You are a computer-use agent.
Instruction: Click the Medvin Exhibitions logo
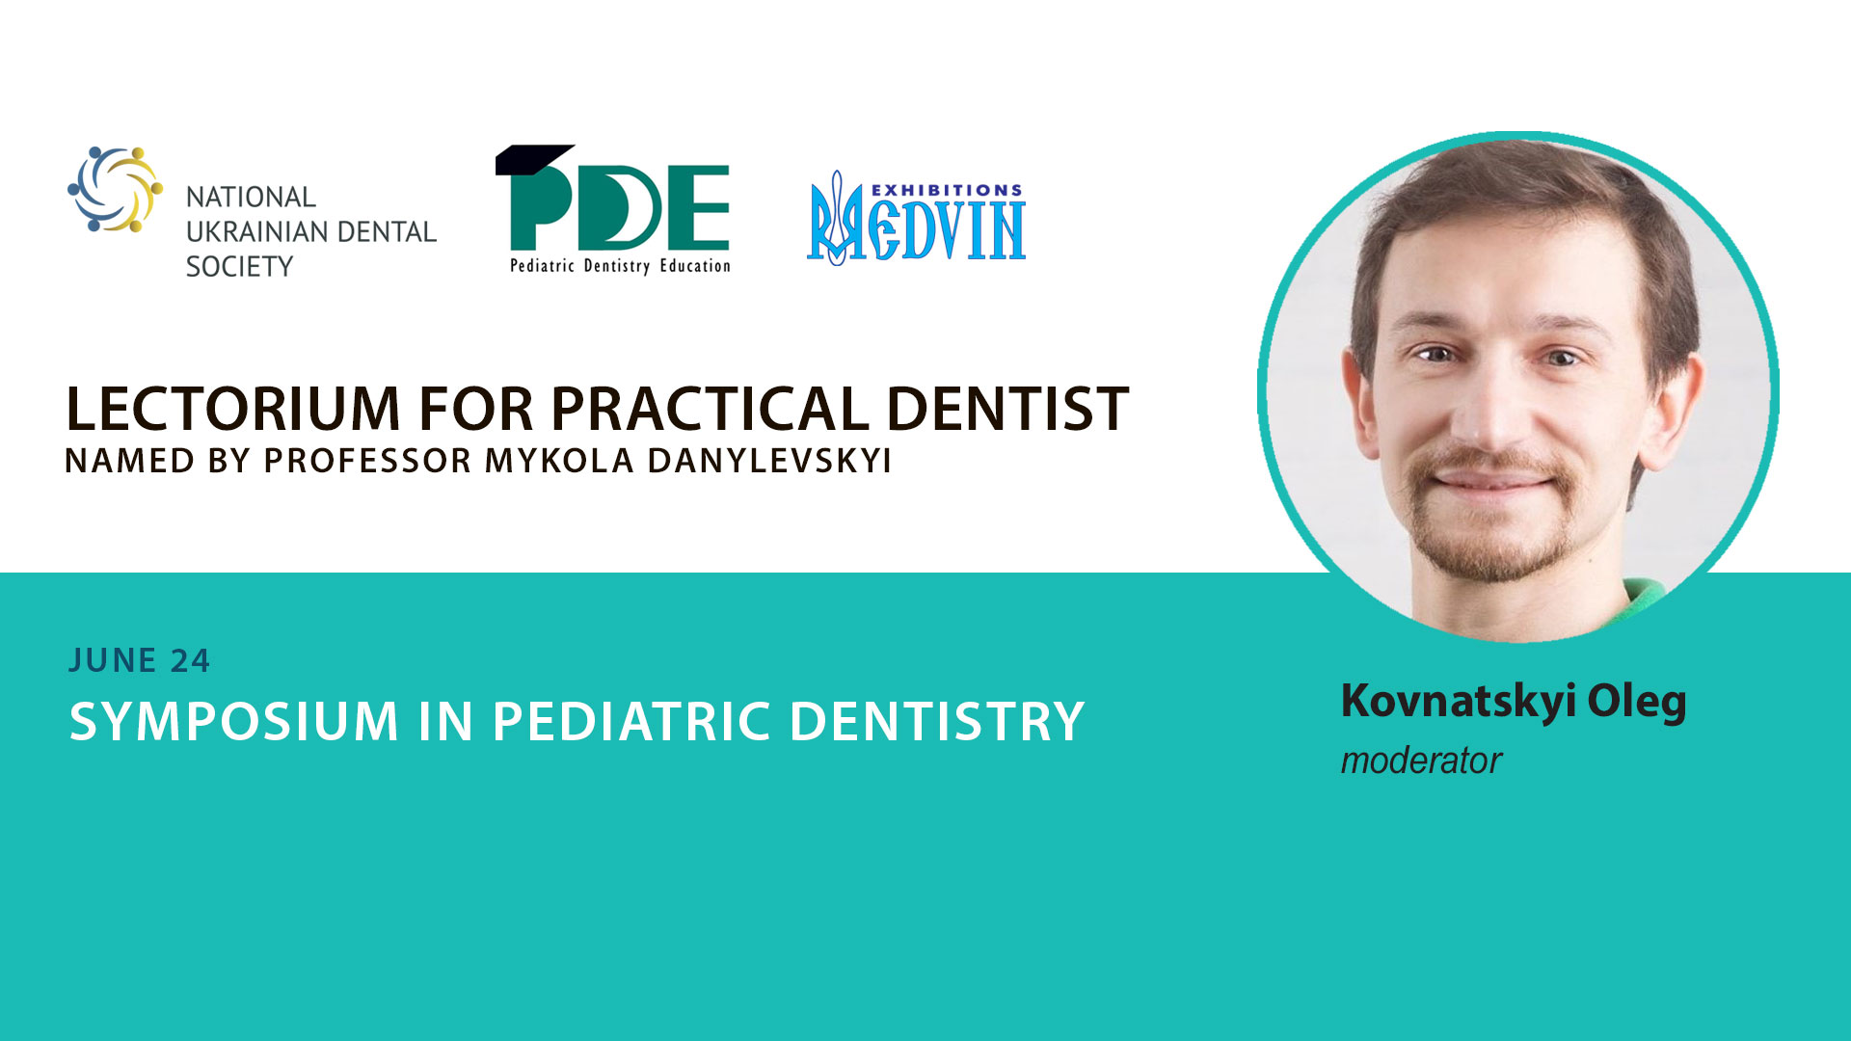[916, 218]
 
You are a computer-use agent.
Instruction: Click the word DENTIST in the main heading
[1007, 409]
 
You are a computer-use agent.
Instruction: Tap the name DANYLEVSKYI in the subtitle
[769, 461]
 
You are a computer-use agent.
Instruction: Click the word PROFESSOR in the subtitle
[367, 461]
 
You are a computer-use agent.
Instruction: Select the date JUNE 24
[140, 660]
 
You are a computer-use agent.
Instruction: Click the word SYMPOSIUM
[234, 721]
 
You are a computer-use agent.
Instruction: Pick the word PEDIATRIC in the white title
[631, 721]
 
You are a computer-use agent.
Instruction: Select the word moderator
[1421, 761]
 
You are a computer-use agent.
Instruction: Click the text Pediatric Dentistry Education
[620, 265]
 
